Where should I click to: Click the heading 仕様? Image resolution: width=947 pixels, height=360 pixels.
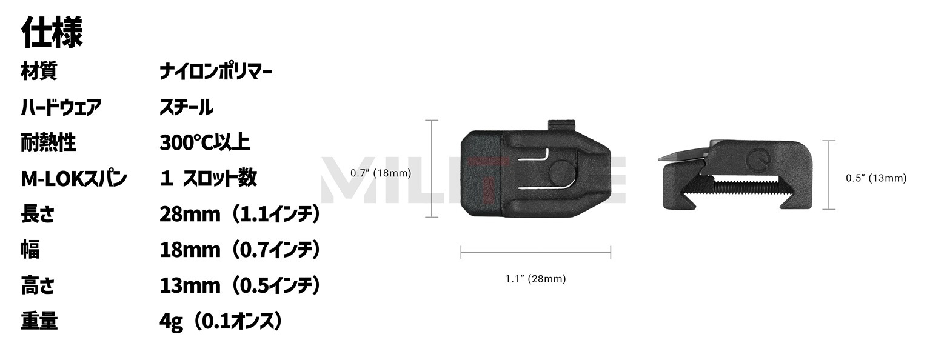coord(52,33)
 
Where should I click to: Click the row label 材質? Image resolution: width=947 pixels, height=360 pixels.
coord(39,72)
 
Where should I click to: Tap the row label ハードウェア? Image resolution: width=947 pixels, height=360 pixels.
coord(61,108)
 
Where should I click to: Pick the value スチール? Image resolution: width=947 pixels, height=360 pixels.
coord(186,108)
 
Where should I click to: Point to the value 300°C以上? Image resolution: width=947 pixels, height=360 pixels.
coord(204,143)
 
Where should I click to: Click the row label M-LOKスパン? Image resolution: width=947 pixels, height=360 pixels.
coord(74,179)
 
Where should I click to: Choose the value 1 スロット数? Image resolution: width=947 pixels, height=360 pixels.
coord(209,179)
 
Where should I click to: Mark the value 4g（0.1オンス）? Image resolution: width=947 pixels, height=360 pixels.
coord(221,321)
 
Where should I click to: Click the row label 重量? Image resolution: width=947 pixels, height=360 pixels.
coord(39,321)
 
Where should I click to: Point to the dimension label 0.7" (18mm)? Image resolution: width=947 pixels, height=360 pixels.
coord(381,173)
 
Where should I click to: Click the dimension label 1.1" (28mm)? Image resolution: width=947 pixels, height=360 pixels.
coord(535,279)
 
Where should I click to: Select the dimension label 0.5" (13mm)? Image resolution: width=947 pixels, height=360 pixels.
coord(876,178)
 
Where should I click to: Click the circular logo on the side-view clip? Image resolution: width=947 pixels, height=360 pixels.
coord(757,158)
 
